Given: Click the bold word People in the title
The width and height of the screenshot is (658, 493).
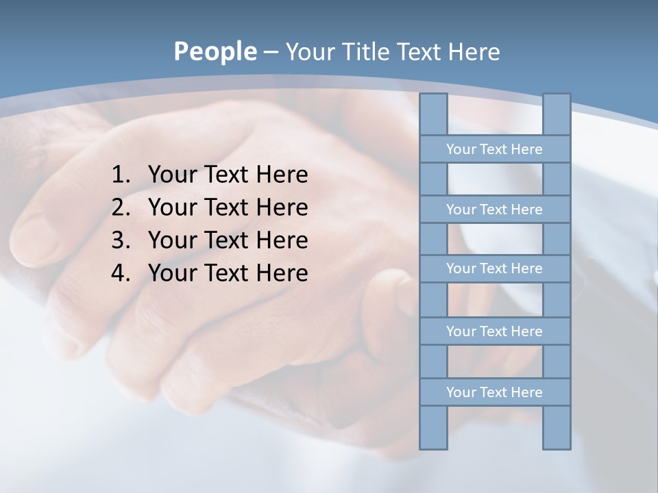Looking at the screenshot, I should (x=215, y=51).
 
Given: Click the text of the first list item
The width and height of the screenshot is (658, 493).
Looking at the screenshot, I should (x=228, y=175).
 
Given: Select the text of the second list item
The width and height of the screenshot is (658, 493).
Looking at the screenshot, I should (x=228, y=207).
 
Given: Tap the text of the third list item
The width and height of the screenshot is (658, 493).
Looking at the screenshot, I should (x=228, y=240).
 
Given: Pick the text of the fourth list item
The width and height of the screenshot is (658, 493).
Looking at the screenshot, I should (x=228, y=273).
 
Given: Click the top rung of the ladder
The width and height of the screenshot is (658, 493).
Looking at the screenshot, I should (x=494, y=149).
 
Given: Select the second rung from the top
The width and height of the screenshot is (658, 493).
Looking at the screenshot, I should (x=494, y=210).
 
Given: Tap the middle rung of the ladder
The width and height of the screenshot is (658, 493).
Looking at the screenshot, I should (x=494, y=268).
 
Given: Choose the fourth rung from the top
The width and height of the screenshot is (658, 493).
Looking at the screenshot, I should (x=494, y=331).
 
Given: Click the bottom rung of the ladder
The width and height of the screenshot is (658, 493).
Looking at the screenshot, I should (x=494, y=392).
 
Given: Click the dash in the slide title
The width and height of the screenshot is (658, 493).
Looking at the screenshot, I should (x=271, y=53).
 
